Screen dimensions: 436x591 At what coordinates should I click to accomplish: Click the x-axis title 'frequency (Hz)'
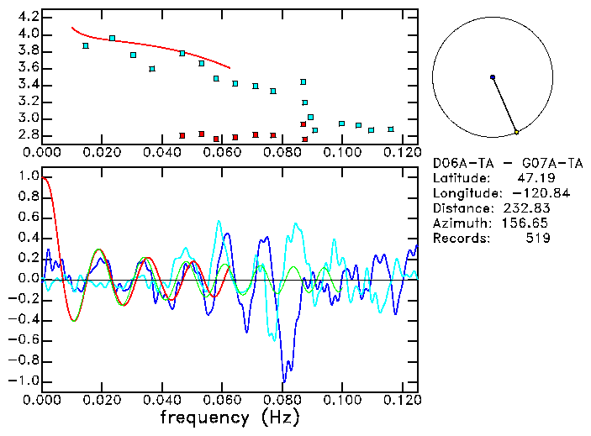coord(230,417)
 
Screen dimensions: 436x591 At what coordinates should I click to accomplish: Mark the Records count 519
coord(538,239)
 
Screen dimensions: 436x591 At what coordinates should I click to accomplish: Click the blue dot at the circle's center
coord(493,77)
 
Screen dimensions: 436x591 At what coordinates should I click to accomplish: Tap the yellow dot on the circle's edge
coord(516,132)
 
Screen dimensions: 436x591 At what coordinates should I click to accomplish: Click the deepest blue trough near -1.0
coord(285,381)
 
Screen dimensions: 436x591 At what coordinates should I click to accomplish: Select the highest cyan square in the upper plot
coord(112,38)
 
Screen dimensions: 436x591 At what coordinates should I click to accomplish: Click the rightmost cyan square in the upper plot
coord(391,129)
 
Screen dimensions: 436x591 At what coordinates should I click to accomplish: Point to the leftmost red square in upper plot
coord(182,135)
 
